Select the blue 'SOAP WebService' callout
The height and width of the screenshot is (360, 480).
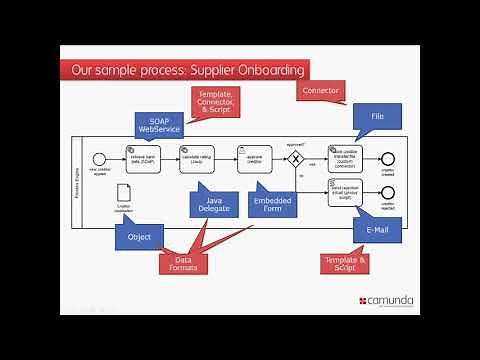click(160, 125)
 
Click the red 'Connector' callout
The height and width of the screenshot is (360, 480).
click(321, 91)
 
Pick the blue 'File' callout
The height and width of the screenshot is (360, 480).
click(377, 117)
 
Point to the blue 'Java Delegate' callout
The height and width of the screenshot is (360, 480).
click(212, 204)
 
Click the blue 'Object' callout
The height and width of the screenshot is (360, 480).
click(139, 237)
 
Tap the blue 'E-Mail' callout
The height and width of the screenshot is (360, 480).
click(377, 229)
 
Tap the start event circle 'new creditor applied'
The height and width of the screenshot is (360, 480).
click(98, 159)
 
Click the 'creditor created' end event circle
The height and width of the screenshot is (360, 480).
click(388, 159)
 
